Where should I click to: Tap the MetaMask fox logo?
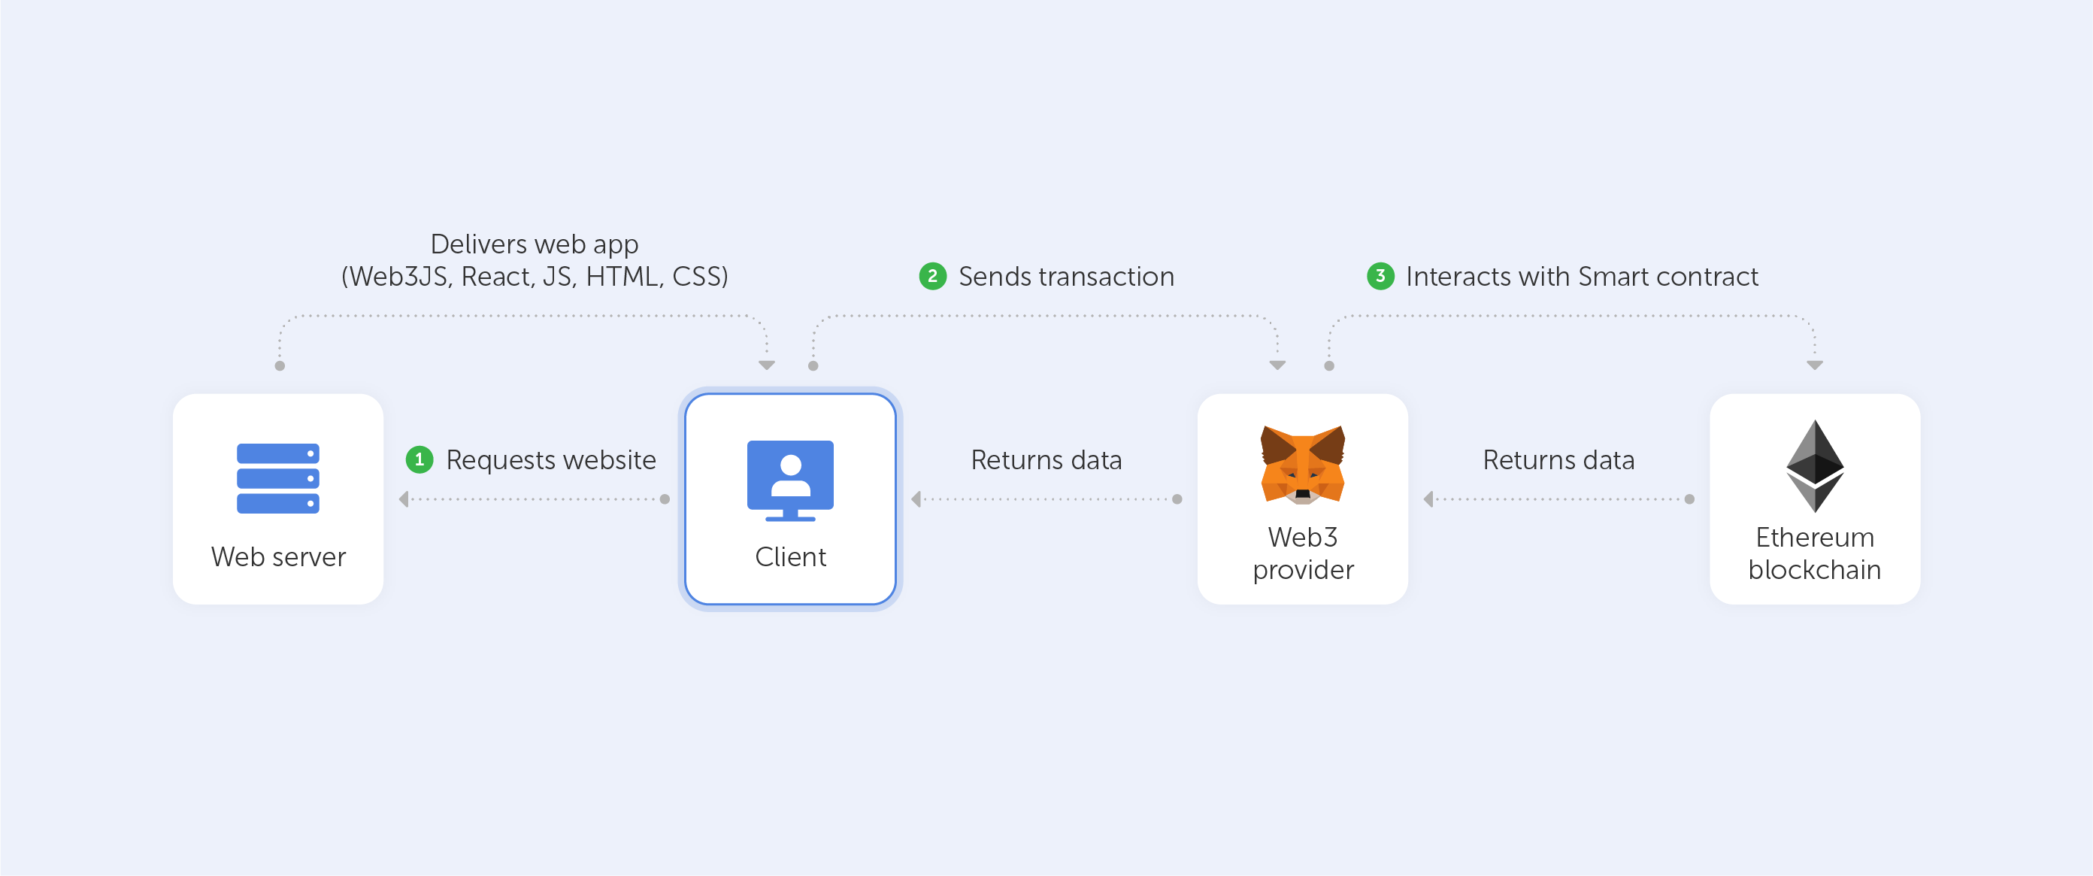[1302, 465]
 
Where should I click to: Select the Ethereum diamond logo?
[1814, 465]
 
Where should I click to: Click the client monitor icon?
[789, 480]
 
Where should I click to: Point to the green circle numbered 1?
[420, 460]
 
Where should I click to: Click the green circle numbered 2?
[933, 276]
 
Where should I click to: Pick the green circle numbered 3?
[1380, 276]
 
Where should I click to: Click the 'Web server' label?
[278, 556]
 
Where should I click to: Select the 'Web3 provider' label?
[1302, 553]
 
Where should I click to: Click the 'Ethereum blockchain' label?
[1814, 553]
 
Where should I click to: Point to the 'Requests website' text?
[551, 460]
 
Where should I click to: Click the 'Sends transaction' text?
[1066, 276]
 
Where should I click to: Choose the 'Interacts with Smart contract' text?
[1582, 276]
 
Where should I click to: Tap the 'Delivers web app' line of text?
[534, 244]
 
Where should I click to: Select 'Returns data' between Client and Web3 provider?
[1046, 460]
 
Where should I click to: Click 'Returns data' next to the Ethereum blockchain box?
[1558, 460]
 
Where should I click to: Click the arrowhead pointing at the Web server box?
[404, 499]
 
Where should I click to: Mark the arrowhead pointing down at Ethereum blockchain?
[1814, 365]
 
